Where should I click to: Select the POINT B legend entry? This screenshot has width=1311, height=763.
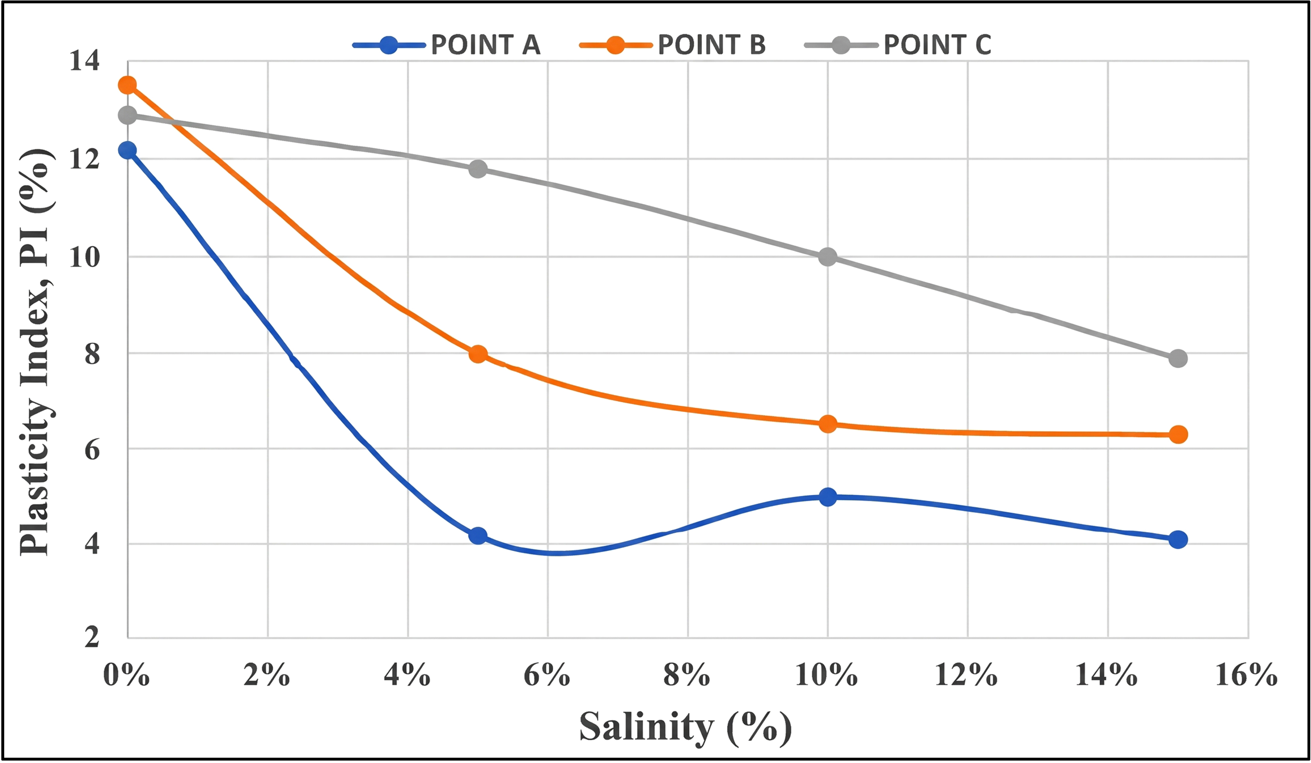point(673,45)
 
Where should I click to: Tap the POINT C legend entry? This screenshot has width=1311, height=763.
point(898,45)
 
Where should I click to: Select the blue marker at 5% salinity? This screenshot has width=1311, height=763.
point(478,536)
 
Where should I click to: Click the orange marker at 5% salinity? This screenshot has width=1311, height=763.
point(478,354)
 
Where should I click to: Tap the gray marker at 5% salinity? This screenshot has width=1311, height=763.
point(478,169)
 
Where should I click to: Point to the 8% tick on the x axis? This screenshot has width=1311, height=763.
point(687,676)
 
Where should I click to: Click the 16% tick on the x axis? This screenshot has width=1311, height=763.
point(1247,676)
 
